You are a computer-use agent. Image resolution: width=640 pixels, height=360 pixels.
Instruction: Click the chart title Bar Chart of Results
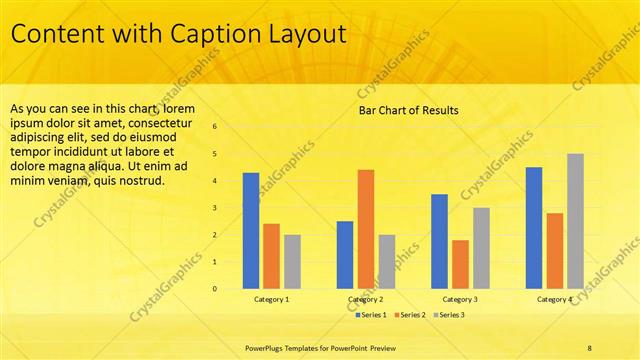pos(408,110)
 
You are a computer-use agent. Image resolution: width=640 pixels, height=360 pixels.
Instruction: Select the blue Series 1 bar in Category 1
pos(251,231)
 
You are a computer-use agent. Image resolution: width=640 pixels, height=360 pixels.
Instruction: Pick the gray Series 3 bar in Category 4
pos(575,221)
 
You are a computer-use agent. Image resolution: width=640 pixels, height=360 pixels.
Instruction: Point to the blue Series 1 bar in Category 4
pos(534,228)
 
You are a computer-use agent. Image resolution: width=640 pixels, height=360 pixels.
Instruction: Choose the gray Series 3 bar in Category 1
pos(292,261)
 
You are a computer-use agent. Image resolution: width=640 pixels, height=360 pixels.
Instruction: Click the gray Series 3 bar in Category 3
pos(481,248)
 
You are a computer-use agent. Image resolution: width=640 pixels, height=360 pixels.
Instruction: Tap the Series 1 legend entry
pos(372,315)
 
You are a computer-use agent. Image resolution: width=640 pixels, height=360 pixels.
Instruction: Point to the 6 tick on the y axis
pos(214,127)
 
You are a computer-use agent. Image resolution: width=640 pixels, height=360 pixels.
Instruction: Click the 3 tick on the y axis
pos(214,208)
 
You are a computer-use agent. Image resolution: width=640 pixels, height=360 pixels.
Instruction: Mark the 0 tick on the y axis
pos(214,289)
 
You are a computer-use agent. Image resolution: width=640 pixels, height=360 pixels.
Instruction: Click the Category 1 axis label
pos(271,299)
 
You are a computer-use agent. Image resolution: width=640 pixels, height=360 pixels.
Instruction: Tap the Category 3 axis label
pos(460,299)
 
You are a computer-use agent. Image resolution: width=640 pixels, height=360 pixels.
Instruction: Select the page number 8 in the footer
pos(590,348)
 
